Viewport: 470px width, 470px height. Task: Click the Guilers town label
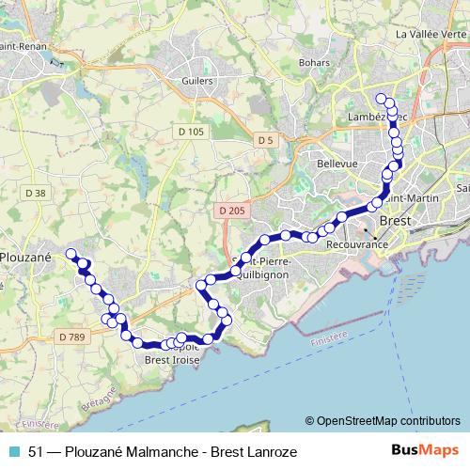194,82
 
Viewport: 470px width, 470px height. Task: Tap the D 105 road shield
191,132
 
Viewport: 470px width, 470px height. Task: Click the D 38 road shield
36,192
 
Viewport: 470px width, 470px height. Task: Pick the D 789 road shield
70,337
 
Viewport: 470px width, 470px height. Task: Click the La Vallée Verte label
431,34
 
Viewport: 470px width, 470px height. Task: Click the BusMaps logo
427,451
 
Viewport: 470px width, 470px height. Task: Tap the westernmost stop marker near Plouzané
70,253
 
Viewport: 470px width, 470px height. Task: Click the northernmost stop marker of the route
382,99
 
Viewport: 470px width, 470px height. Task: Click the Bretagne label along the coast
97,400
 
